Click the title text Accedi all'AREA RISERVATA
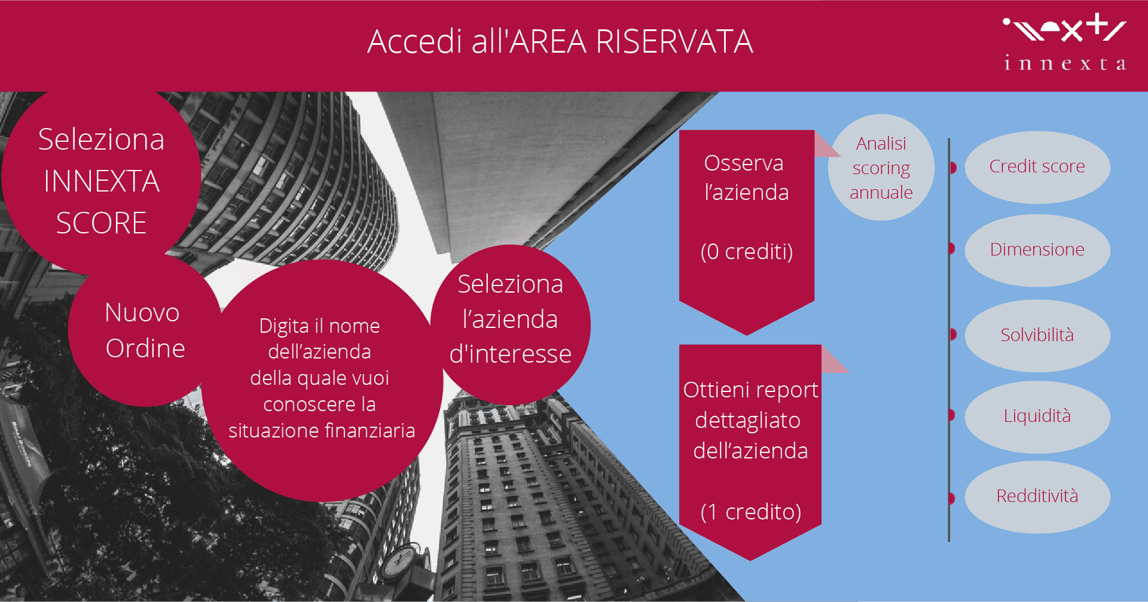coord(560,42)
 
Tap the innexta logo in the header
coord(1065,42)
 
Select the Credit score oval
coord(1037,167)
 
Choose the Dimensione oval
coord(1037,250)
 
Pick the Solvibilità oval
coord(1037,335)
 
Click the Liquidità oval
coord(1037,416)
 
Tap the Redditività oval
coord(1037,497)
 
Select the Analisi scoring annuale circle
coord(881,168)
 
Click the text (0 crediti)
coord(747,252)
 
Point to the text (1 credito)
coord(750,512)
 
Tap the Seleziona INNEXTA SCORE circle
coord(101,180)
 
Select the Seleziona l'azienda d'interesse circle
coord(510,325)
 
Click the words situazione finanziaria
coord(322,431)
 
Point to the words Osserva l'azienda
coord(746,178)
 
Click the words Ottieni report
coord(750,390)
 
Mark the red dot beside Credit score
coord(953,168)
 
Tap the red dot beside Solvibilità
coord(953,335)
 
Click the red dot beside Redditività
coord(953,498)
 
